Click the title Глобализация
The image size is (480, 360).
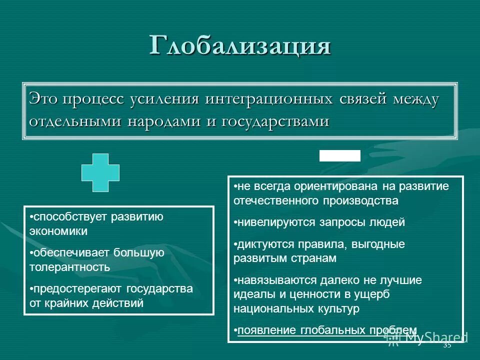pyautogui.click(x=240, y=45)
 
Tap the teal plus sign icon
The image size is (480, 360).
pyautogui.click(x=100, y=172)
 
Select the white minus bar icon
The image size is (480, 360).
pyautogui.click(x=340, y=155)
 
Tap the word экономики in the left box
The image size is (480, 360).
pyautogui.click(x=58, y=231)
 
